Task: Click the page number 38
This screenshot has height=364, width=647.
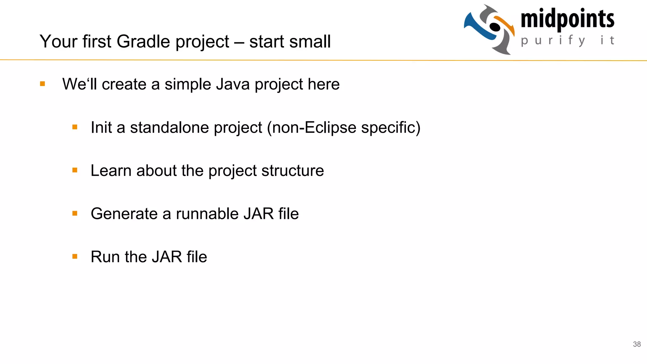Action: point(637,344)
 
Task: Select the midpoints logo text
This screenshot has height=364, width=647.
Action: point(567,19)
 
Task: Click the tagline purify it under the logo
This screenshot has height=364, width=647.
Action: point(567,40)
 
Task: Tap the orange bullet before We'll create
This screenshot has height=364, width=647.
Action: point(43,84)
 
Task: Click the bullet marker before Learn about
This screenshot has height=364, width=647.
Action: point(75,170)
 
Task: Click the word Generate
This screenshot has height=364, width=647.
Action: point(124,214)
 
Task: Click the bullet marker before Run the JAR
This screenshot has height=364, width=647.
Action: point(75,257)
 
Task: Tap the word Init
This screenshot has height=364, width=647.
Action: point(101,128)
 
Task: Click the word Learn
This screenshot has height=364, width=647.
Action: point(111,171)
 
